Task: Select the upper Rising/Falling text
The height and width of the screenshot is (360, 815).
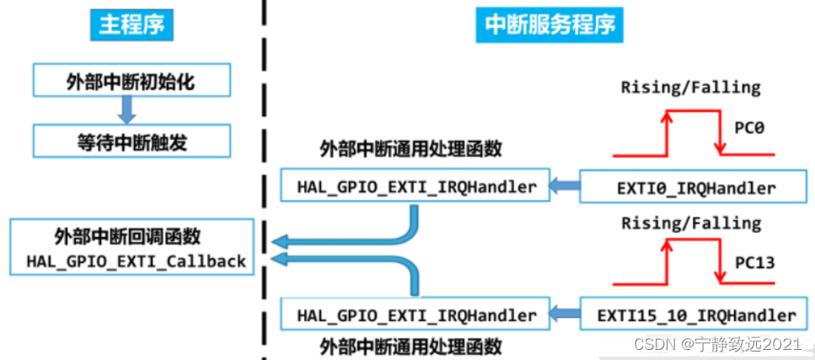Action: [690, 87]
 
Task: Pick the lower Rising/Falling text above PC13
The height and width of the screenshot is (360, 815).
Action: [690, 223]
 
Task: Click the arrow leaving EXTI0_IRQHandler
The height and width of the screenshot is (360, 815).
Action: [566, 185]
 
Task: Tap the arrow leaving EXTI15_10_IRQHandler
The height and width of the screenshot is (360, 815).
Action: [566, 314]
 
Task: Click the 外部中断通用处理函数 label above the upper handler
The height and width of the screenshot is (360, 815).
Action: [410, 150]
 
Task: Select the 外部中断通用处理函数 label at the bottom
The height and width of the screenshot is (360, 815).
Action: [410, 346]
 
